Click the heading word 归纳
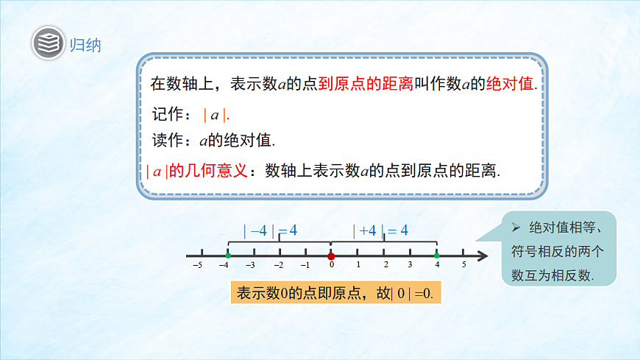point(85,44)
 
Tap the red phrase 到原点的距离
point(365,84)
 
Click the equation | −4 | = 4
point(271,230)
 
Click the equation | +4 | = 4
point(380,230)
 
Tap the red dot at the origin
point(331,255)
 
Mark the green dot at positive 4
point(436,255)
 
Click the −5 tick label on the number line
point(197,265)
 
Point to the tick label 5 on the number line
point(463,265)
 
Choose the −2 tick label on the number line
point(278,265)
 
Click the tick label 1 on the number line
point(358,265)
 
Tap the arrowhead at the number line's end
point(483,255)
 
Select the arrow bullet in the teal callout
point(515,226)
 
